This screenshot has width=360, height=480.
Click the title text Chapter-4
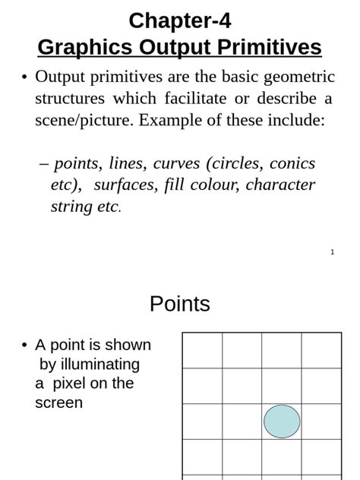pyautogui.click(x=179, y=21)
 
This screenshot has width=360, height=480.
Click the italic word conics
pyautogui.click(x=292, y=163)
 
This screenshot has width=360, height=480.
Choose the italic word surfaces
pyautogui.click(x=124, y=185)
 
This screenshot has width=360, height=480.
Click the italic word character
pyautogui.click(x=280, y=185)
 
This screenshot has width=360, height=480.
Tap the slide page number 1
pyautogui.click(x=332, y=252)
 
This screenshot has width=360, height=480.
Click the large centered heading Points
pyautogui.click(x=180, y=304)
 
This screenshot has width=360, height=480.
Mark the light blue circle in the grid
pyautogui.click(x=282, y=422)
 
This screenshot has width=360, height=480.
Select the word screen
pyautogui.click(x=58, y=403)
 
